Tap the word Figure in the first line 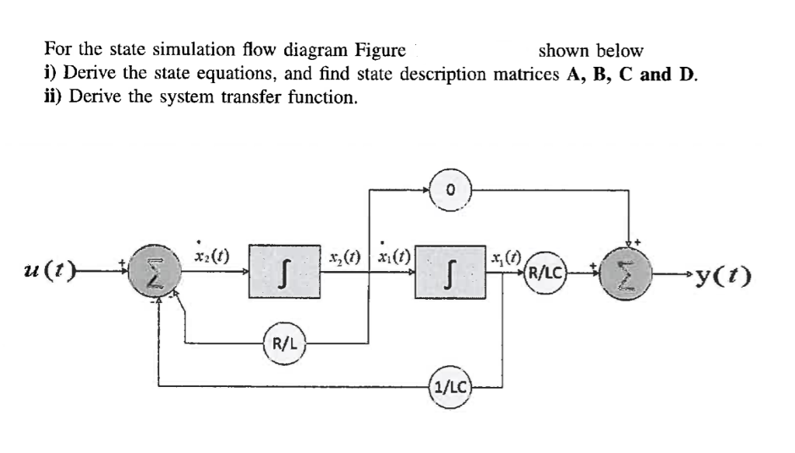[x=380, y=51]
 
